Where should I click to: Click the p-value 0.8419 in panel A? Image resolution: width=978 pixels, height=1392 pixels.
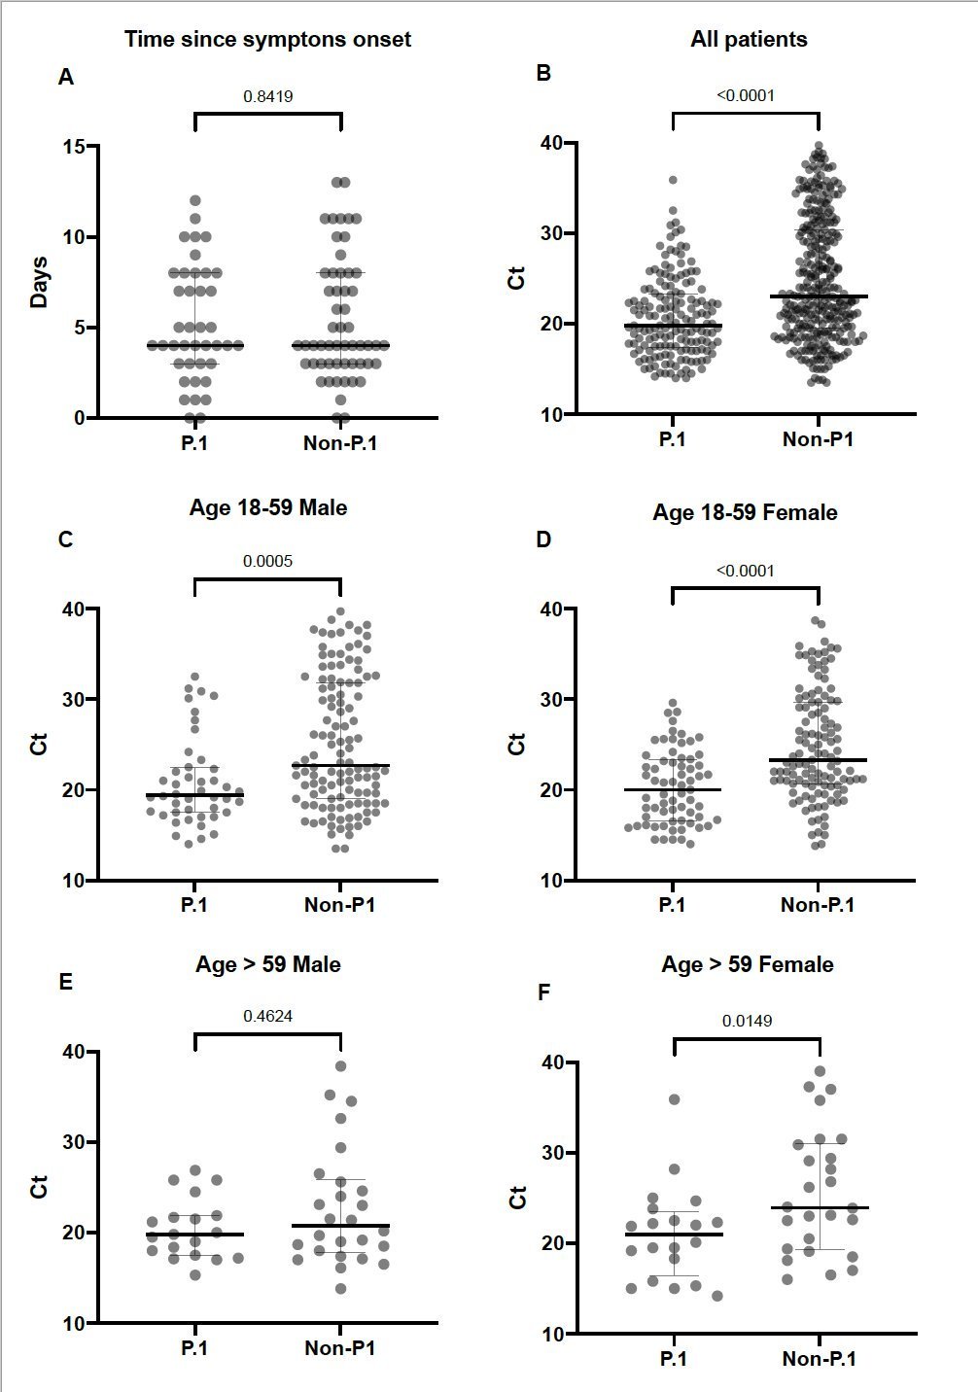coord(268,96)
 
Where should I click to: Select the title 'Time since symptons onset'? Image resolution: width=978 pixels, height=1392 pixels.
coord(267,40)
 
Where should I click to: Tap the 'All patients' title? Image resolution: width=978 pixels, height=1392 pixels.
coord(749,40)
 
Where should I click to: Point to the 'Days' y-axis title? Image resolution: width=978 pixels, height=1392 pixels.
coord(40,282)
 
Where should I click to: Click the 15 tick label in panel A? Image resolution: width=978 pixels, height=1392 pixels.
coord(73,147)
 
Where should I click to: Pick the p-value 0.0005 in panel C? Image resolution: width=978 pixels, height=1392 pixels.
coord(268,561)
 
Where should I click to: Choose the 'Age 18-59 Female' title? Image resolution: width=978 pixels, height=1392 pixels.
coord(745,512)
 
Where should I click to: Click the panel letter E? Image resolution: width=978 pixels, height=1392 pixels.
coord(65,983)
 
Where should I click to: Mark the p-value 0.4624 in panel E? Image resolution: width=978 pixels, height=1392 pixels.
coord(268,1016)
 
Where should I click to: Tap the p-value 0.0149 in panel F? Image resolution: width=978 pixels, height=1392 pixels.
coord(747,1021)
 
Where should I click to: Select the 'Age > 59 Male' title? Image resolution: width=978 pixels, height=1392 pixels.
coord(268,964)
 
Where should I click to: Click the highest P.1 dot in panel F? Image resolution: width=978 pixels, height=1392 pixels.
coord(674,1099)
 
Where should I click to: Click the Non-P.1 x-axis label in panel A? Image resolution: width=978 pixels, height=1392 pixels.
coord(340,443)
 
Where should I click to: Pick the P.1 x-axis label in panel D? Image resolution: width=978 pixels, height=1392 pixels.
coord(672,905)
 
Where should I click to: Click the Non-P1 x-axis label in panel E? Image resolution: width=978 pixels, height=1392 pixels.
coord(340,1348)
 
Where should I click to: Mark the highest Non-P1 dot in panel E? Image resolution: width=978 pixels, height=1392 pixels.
coord(341,1066)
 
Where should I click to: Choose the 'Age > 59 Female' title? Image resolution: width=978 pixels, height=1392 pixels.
coord(748,964)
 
